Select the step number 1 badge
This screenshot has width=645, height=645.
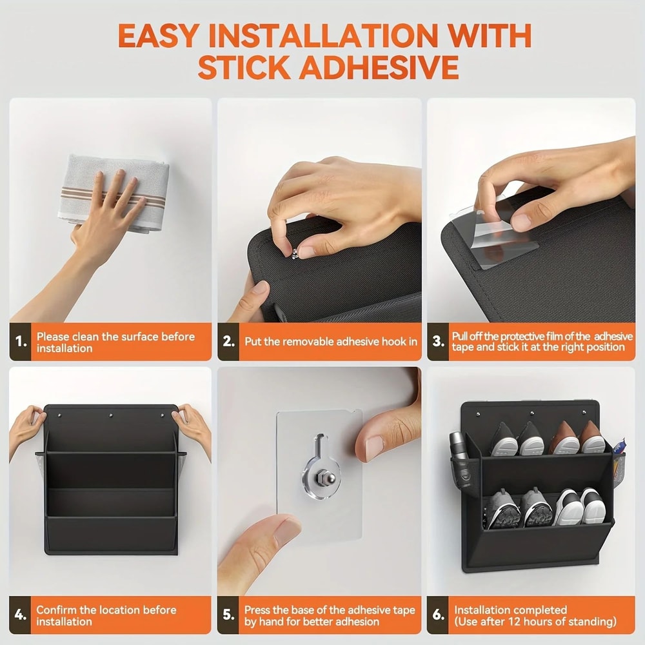[21, 342]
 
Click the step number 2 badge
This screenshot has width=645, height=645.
[229, 342]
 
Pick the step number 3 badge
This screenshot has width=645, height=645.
[439, 342]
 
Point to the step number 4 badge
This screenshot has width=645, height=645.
[21, 615]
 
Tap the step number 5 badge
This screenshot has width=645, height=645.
[229, 615]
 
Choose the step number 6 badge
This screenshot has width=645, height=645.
[439, 615]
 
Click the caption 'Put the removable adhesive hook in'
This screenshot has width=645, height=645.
[330, 342]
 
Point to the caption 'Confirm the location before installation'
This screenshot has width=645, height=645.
[106, 615]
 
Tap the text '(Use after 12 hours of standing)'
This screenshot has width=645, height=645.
[535, 622]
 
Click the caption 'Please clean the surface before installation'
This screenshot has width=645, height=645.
[115, 342]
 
